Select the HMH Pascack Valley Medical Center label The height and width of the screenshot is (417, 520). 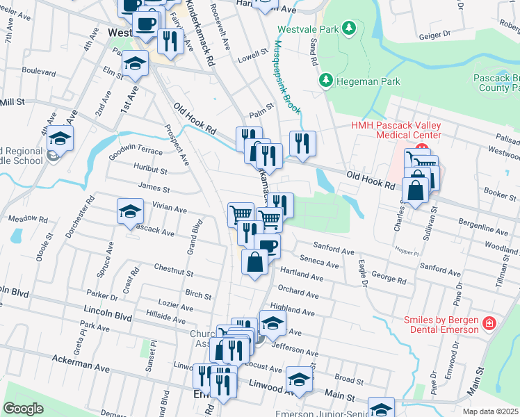(396, 130)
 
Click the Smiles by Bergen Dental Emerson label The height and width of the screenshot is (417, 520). (441, 325)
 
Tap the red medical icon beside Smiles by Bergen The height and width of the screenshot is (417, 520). (489, 324)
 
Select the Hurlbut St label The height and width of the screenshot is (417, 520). (152, 170)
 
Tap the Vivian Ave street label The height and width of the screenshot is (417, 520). (170, 208)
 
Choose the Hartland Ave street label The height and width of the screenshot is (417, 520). (301, 277)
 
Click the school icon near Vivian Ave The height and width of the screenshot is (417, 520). (130, 212)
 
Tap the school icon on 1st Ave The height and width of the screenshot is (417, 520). (135, 64)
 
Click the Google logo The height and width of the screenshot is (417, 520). (24, 409)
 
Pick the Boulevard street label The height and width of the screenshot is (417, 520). (39, 71)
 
